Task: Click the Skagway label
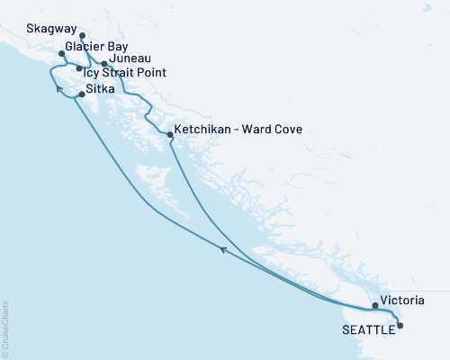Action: click(x=39, y=29)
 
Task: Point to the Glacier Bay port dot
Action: click(x=61, y=54)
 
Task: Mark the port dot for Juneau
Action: click(x=104, y=64)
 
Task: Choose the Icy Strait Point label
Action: click(x=123, y=71)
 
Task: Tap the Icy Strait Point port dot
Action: click(x=79, y=68)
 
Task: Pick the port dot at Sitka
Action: click(x=82, y=94)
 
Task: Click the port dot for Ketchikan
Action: click(x=170, y=135)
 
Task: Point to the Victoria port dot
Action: click(x=375, y=306)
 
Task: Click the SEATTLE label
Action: click(x=367, y=330)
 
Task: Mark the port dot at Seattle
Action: click(x=400, y=326)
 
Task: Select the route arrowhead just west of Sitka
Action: click(x=58, y=88)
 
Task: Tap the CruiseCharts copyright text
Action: click(x=5, y=327)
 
